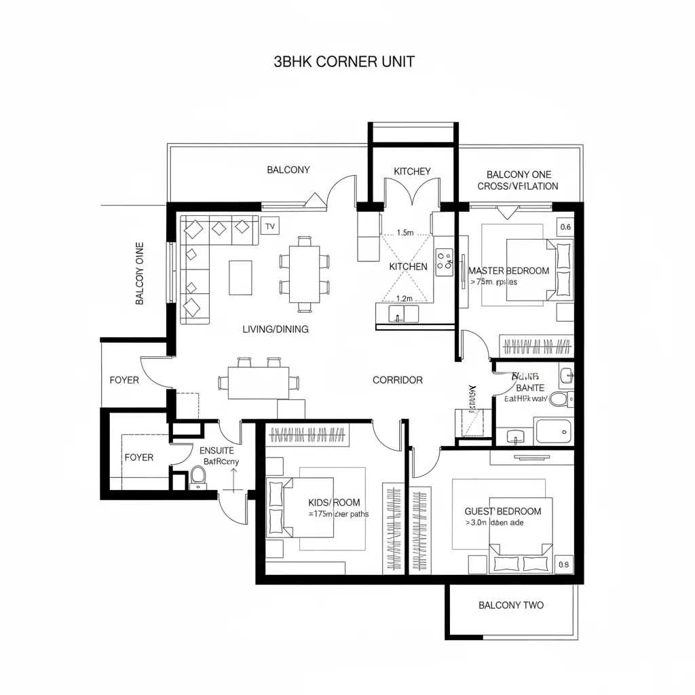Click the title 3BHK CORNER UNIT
click(344, 61)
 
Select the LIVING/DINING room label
click(276, 329)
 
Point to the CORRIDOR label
click(398, 380)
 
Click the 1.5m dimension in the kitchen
click(405, 233)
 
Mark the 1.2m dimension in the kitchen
click(404, 298)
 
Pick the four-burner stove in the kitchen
click(445, 261)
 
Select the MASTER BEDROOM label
click(509, 271)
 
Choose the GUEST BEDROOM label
click(503, 511)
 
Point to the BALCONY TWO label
click(511, 605)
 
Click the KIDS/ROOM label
click(334, 502)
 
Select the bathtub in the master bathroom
click(553, 431)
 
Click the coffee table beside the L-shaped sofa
click(240, 278)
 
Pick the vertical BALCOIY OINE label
click(140, 273)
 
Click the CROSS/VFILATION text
click(518, 186)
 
